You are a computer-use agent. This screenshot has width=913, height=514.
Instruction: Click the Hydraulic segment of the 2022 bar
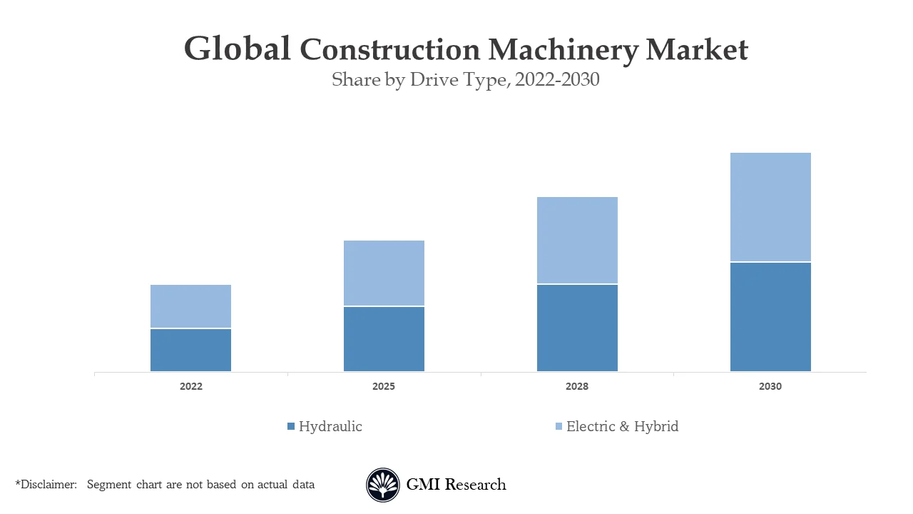coord(190,350)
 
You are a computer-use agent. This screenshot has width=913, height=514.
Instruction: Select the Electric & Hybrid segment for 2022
coord(190,306)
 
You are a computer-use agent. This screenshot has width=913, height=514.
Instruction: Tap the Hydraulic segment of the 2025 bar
coord(384,339)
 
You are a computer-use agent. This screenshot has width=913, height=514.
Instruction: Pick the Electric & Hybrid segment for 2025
coord(384,273)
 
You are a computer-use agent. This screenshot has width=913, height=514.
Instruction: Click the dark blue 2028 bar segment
coord(577,328)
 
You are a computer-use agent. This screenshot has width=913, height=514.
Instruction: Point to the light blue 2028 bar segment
coord(577,240)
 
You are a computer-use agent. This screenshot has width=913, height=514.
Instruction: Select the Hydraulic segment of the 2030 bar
coord(770,317)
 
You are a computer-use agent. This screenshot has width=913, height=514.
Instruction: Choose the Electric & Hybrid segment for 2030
coord(770,207)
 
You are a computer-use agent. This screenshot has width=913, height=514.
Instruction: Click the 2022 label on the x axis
coord(190,386)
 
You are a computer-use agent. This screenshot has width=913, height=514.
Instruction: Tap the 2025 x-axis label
coord(384,386)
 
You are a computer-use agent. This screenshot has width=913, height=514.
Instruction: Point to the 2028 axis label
coord(577,386)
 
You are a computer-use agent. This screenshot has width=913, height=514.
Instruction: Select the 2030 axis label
coord(770,386)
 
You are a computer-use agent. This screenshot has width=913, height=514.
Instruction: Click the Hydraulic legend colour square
coord(291,427)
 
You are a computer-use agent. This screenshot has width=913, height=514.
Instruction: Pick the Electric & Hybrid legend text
coord(622,427)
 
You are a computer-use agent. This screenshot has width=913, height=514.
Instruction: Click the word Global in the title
coord(237,50)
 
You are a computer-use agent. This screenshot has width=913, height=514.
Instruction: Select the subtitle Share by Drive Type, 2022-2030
coord(465,80)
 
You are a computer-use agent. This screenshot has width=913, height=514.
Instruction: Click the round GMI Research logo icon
coord(383,485)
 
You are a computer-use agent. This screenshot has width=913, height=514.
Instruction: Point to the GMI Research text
coord(456,485)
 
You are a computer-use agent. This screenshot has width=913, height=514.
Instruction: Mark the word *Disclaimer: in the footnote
coord(46,485)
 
